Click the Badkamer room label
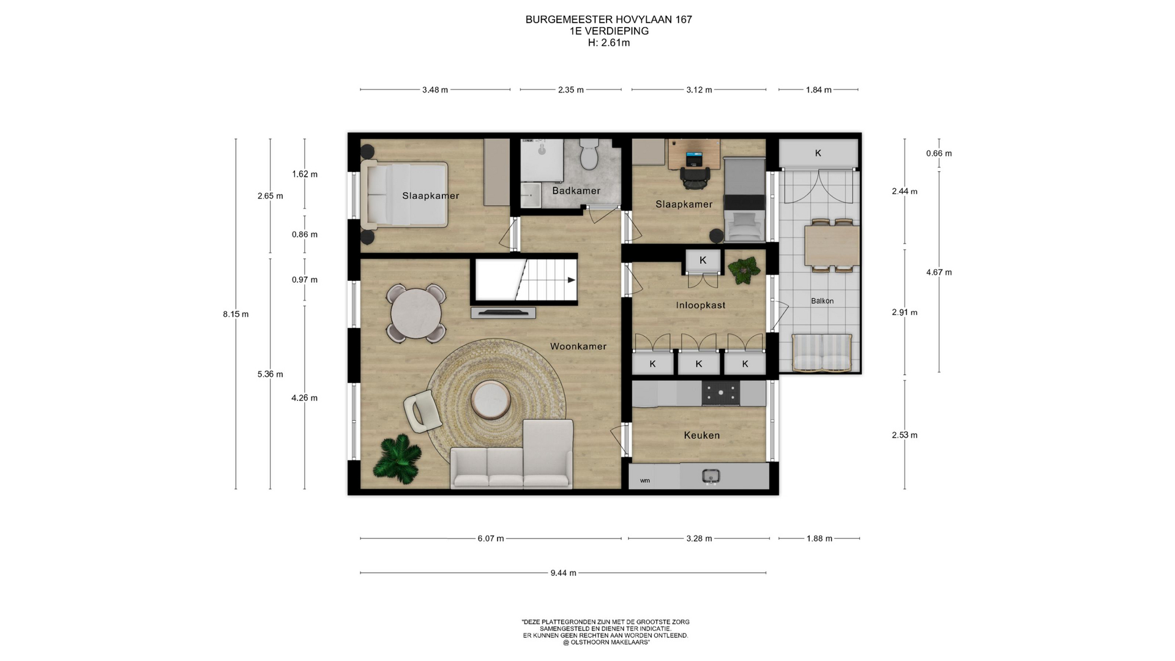(x=576, y=191)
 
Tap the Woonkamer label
(x=578, y=346)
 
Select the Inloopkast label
(x=701, y=305)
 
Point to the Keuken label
(x=702, y=435)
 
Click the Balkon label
(x=822, y=301)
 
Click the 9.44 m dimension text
(x=563, y=573)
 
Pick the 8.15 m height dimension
(x=236, y=315)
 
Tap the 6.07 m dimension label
(x=491, y=539)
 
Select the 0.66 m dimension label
(x=939, y=154)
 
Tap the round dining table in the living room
(x=416, y=313)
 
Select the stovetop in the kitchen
(x=720, y=394)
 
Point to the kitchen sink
(x=711, y=476)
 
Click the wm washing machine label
(x=645, y=481)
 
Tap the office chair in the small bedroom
(x=695, y=177)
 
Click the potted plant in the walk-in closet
(x=744, y=270)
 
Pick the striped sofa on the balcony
(x=822, y=353)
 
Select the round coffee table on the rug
(x=491, y=400)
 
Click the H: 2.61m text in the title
(x=609, y=43)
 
